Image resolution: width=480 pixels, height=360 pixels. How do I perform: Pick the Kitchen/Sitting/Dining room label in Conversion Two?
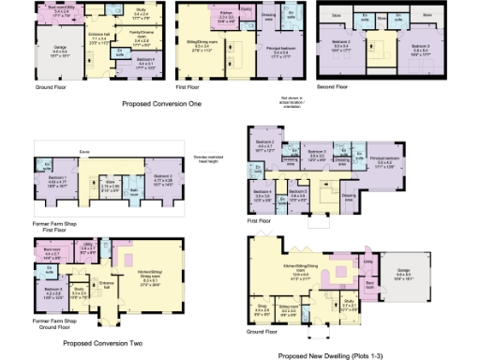tap(136, 277)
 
